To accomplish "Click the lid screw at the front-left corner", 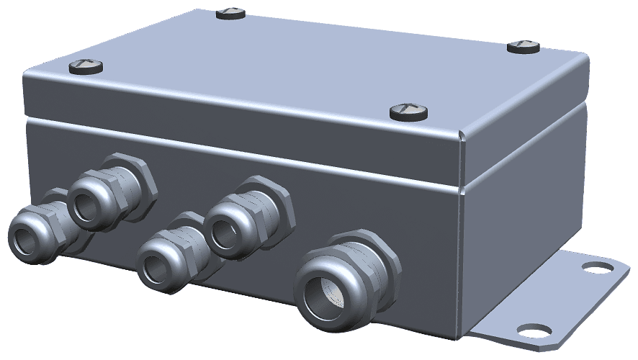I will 86,68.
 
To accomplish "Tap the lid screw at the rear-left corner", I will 232,12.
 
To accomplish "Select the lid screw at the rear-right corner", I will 524,47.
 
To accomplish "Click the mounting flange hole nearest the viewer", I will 531,330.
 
